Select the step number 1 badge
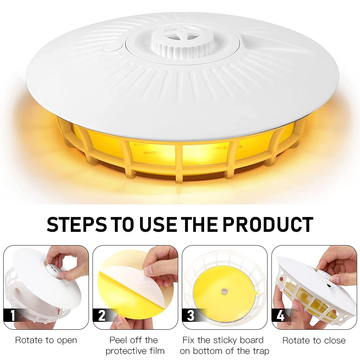pos(12,315)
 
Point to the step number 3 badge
pos(190,315)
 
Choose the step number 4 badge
pos(280,315)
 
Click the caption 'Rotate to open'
pos(46,340)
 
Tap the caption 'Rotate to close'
pos(314,340)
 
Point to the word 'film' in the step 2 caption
pos(157,351)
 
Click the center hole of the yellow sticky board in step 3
pos(224,292)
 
